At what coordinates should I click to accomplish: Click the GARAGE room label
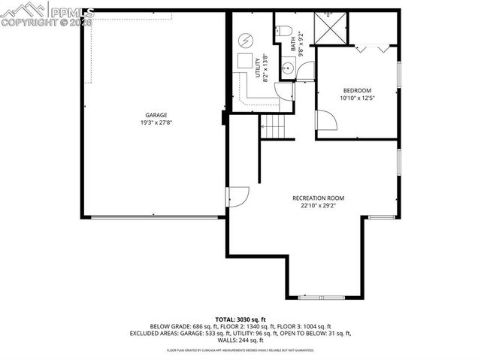[x=157, y=115]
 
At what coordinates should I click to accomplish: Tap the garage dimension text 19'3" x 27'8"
[x=157, y=123]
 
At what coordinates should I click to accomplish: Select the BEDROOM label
[x=357, y=90]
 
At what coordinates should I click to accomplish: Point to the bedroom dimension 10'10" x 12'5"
[x=357, y=98]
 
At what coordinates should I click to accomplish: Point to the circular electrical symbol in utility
[x=247, y=40]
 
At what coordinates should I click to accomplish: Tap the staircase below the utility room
[x=274, y=127]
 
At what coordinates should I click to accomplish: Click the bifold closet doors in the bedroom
[x=373, y=49]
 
